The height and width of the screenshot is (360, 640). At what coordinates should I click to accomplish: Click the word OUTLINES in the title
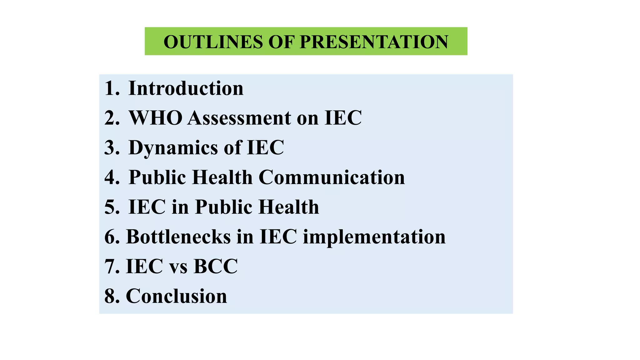(213, 42)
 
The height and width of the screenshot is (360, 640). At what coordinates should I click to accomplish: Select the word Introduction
(186, 88)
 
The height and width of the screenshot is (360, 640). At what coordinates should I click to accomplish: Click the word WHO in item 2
(156, 118)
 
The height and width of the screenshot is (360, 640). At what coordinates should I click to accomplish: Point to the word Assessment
(239, 118)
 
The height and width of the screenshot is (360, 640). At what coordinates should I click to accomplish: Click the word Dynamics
(173, 147)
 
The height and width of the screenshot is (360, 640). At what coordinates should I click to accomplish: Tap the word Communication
(332, 177)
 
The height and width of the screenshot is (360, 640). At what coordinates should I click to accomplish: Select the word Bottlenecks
(178, 237)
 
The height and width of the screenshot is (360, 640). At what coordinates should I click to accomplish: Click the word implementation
(374, 237)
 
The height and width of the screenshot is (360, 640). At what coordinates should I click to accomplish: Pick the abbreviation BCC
(216, 266)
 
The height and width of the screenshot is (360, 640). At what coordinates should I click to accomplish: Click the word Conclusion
(176, 296)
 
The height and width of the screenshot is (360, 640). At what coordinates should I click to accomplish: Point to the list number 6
(110, 237)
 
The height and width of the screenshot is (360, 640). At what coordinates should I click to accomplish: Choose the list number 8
(110, 296)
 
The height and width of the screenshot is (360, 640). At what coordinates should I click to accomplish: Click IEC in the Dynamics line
(265, 147)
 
